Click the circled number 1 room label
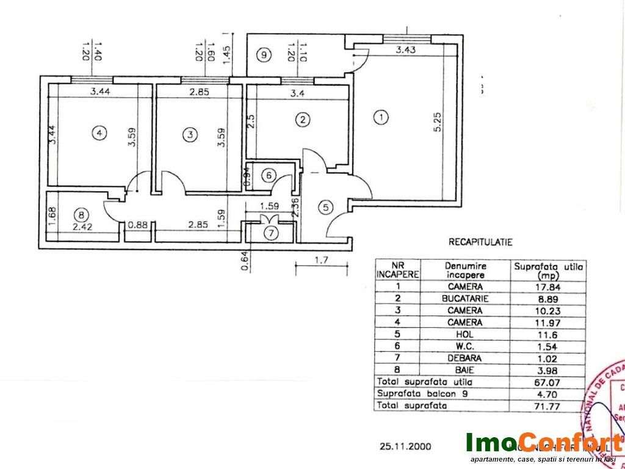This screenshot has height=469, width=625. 381,117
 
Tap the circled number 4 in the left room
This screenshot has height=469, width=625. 97,132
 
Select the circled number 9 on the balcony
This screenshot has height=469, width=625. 263,56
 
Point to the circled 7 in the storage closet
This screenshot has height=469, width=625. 270,232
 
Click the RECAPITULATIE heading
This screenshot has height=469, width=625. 480,242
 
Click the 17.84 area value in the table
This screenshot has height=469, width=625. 551,286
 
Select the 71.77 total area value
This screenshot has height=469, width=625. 551,405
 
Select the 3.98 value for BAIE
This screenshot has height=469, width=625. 551,369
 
